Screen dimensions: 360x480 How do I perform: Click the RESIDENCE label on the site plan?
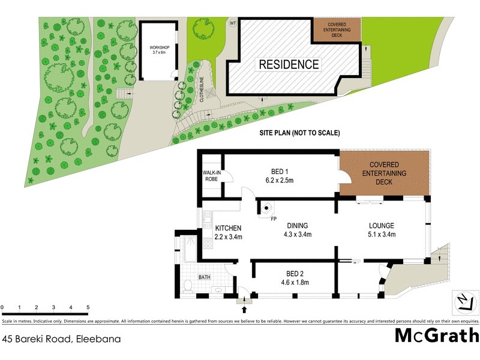289,64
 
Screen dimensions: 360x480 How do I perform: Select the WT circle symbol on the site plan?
232,23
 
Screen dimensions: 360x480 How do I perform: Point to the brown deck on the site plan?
338,29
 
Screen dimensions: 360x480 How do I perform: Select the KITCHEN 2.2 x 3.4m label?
228,232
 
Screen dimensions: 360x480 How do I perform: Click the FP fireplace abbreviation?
273,219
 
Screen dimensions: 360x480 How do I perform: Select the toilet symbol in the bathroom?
187,286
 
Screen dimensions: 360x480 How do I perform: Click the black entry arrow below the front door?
244,310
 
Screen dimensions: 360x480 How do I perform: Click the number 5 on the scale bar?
88,308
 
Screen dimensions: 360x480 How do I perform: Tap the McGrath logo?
436,336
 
